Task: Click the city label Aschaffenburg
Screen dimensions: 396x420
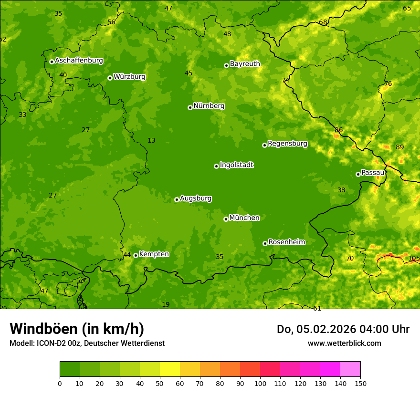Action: tap(79, 61)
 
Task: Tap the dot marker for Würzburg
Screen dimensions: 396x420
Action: tap(110, 78)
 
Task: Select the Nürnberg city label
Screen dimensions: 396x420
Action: tap(209, 106)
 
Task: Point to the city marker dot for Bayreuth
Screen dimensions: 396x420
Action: tap(226, 65)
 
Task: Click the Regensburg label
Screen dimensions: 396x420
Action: tap(287, 144)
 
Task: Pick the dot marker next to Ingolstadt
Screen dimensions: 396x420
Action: tap(216, 166)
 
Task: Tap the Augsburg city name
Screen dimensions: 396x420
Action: tap(196, 198)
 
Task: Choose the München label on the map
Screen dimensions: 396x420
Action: tap(244, 218)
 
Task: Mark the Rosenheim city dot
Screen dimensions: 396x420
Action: tap(265, 243)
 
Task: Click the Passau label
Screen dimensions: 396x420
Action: tap(372, 173)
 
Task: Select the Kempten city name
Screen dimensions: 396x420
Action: tap(154, 254)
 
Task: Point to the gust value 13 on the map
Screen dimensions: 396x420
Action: tap(151, 140)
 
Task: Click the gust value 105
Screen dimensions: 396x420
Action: tap(414, 258)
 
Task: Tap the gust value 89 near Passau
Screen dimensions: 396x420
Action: tap(399, 147)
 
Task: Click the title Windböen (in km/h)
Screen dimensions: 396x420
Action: tap(77, 329)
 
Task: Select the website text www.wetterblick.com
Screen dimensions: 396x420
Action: tap(344, 343)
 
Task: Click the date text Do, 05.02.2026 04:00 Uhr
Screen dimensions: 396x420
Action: tap(343, 329)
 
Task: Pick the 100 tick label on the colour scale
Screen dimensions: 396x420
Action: tap(260, 383)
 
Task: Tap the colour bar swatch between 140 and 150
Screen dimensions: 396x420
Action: tap(350, 369)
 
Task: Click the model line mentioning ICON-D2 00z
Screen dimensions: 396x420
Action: tap(87, 343)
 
